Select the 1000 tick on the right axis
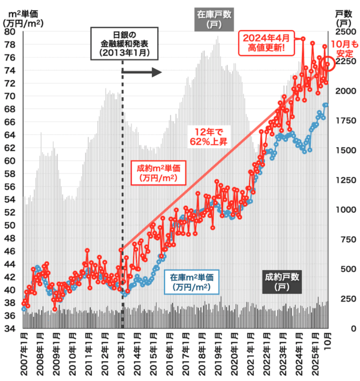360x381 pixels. click(x=344, y=209)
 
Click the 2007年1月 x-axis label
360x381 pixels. click(x=22, y=355)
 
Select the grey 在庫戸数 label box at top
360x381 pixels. click(x=214, y=19)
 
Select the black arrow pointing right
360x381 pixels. click(x=142, y=72)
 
